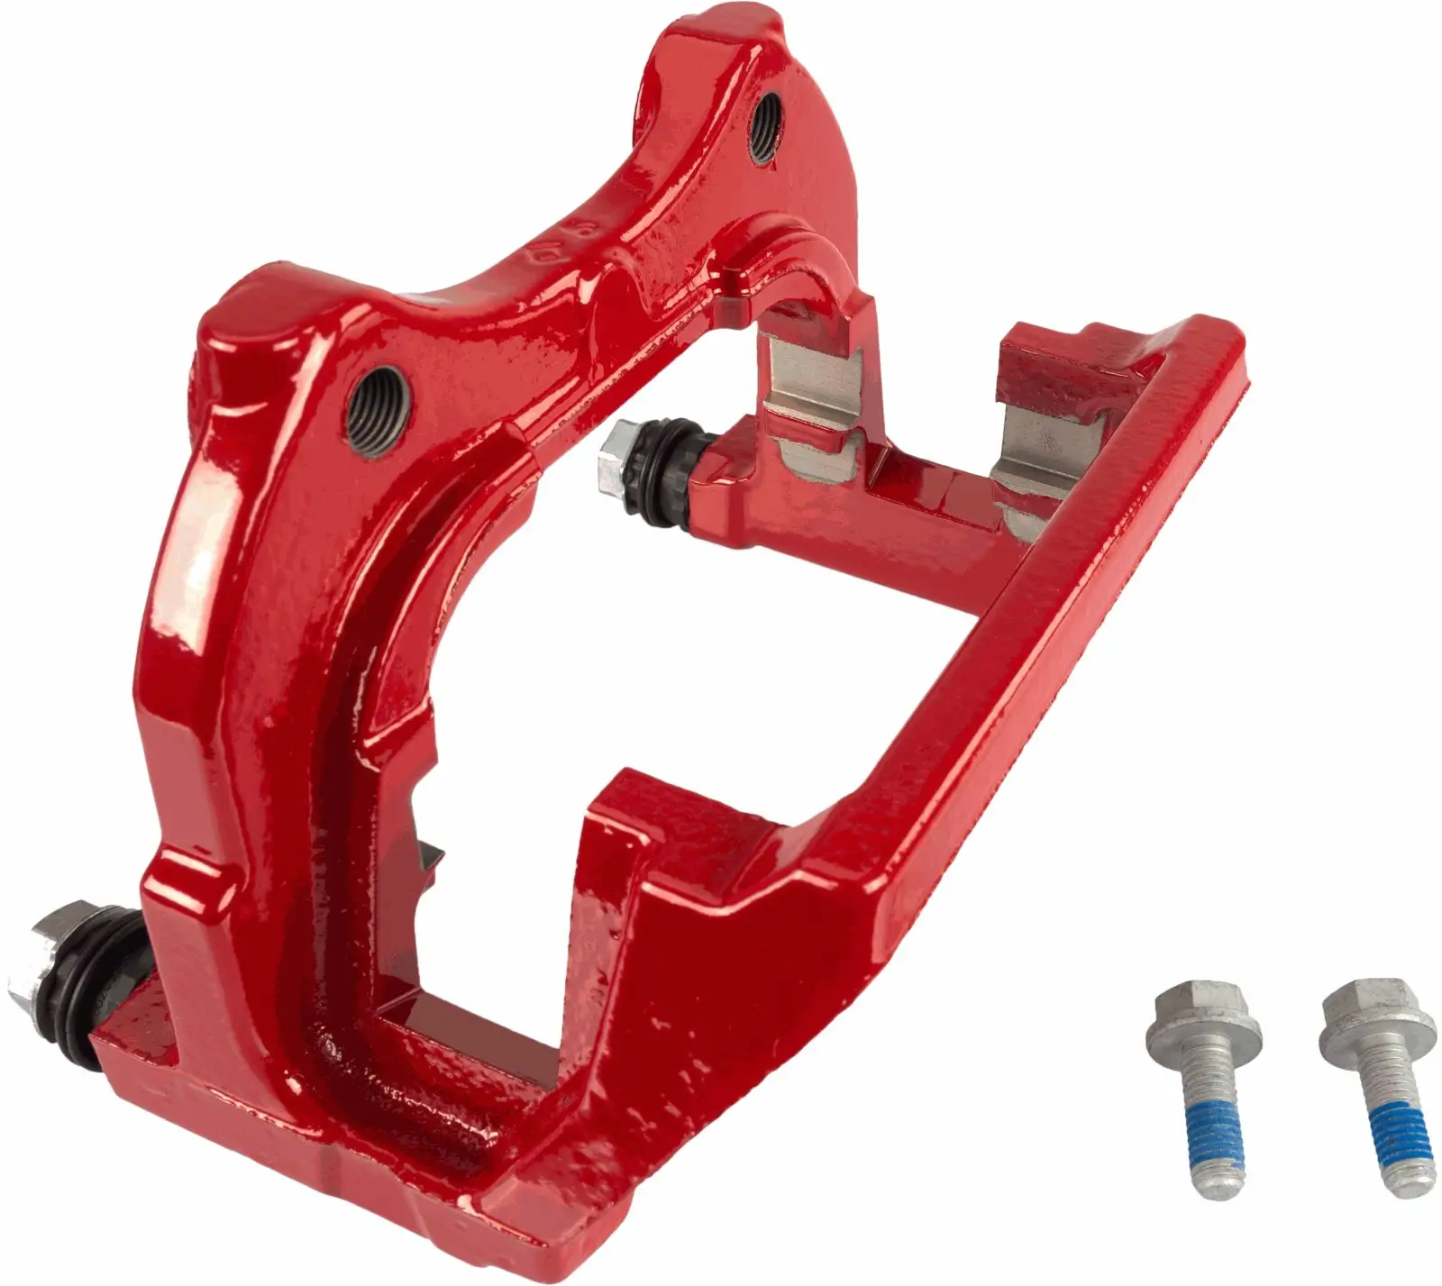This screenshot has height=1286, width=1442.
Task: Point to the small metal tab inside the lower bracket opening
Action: pos(427,855)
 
